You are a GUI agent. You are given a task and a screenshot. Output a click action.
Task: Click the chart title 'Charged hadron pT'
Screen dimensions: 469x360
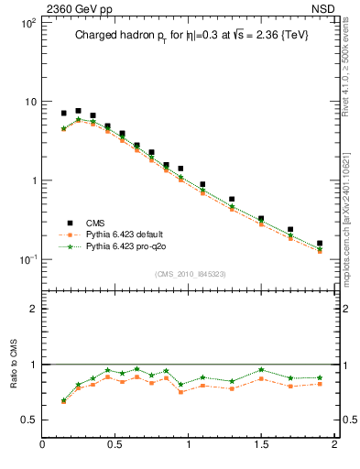tap(137, 37)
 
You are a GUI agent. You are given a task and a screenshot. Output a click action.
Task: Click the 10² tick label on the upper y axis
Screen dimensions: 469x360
tap(27, 22)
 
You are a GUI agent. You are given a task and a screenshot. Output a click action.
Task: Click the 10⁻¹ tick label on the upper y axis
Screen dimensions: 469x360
tap(27, 259)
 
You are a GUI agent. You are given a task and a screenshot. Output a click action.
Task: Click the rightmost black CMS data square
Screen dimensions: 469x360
tap(320, 244)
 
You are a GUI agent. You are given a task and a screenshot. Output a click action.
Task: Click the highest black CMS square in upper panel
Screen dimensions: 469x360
tap(78, 111)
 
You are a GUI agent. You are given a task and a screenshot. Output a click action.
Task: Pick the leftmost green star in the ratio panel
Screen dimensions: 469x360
tap(63, 400)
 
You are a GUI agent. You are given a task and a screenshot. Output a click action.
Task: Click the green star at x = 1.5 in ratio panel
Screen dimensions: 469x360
tap(261, 370)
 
